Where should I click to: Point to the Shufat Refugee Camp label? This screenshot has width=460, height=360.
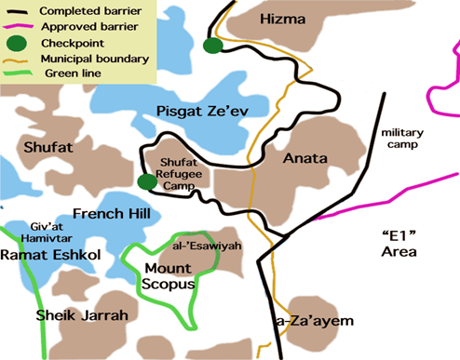click(x=190, y=173)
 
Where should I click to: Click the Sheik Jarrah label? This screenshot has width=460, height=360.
click(x=82, y=316)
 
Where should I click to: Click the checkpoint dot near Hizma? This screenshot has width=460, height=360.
click(x=213, y=46)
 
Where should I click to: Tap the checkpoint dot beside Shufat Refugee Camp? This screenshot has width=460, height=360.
click(x=145, y=181)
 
